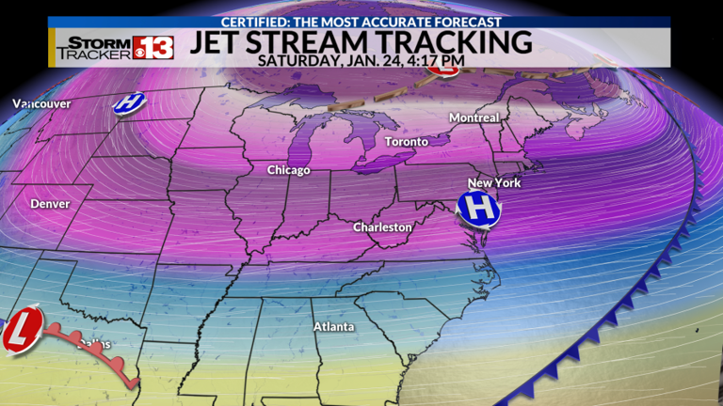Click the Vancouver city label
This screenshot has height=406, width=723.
28,103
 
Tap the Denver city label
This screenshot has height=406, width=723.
49,203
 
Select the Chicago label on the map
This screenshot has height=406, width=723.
288,170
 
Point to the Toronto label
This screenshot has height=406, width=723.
407,142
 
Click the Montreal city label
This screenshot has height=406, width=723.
474,117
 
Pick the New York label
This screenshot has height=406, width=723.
493,182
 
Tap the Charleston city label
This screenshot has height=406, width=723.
382,227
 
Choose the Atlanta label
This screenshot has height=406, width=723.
333,327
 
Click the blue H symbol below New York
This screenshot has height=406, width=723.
477,209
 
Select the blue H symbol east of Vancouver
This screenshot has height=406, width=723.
129,102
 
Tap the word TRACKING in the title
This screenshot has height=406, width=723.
460,40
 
